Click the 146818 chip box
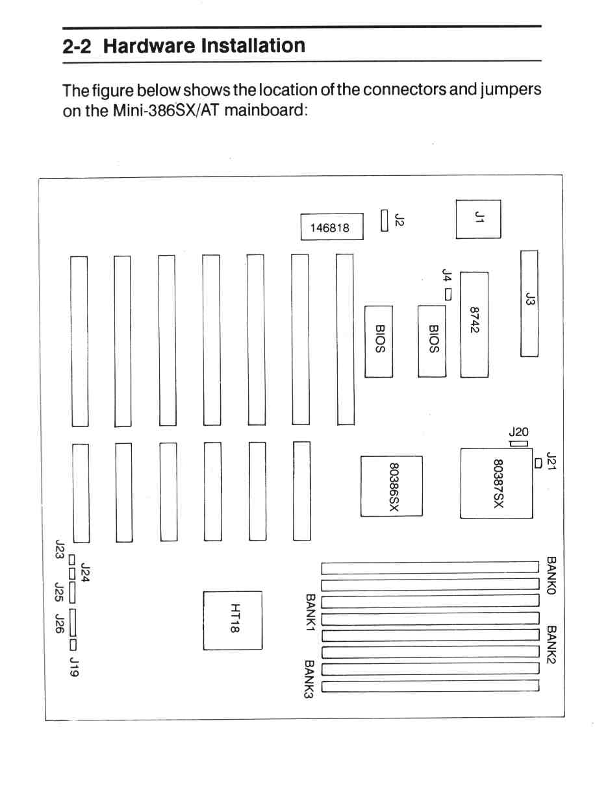(x=332, y=226)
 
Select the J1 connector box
(x=478, y=219)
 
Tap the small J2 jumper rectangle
(x=385, y=221)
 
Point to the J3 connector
(x=529, y=304)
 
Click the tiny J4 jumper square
(x=448, y=295)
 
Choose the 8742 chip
(x=474, y=324)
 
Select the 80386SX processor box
(x=392, y=486)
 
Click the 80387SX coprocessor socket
(x=496, y=484)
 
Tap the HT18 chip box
(x=233, y=620)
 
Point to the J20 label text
(x=518, y=432)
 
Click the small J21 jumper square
(x=538, y=463)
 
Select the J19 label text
(x=74, y=667)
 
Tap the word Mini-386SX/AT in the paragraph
(x=166, y=110)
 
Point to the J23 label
(x=59, y=549)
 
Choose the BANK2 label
(x=551, y=644)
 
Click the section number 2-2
(x=77, y=47)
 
